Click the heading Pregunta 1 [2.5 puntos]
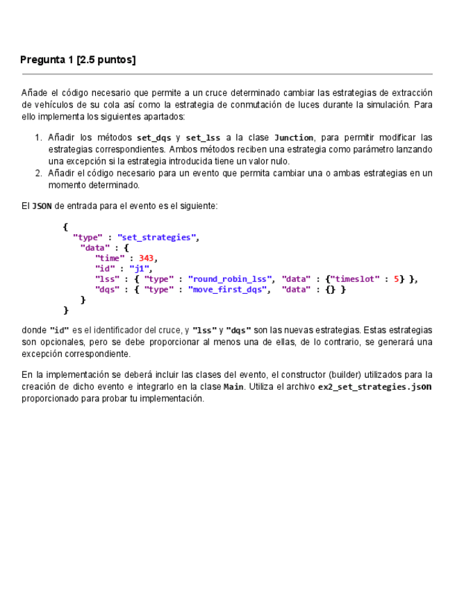click(78, 60)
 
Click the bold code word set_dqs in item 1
click(154, 138)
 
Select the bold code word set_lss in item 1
click(203, 138)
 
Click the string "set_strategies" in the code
click(157, 238)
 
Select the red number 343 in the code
click(146, 258)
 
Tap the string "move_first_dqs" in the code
click(227, 290)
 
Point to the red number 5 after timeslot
click(396, 279)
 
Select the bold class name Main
click(233, 387)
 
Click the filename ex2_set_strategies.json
click(374, 387)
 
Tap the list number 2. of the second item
click(39, 173)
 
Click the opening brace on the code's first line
click(65, 227)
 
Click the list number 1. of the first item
click(39, 138)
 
